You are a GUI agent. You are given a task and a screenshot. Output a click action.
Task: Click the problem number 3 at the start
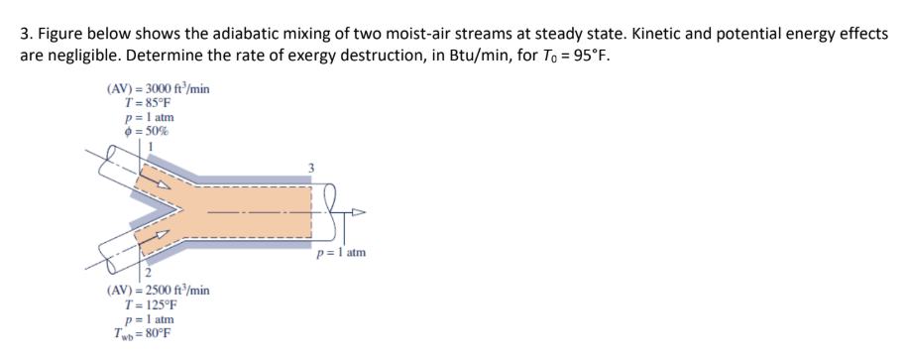click(25, 33)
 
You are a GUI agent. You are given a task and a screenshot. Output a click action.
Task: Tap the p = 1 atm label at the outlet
click(341, 253)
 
